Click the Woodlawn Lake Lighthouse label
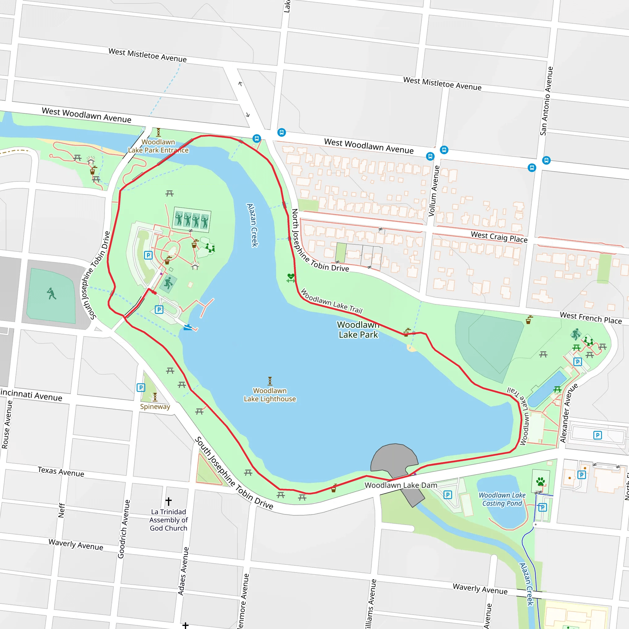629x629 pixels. [x=270, y=395]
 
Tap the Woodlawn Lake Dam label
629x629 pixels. [x=401, y=485]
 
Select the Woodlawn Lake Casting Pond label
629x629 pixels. [x=502, y=499]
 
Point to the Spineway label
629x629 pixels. [x=155, y=406]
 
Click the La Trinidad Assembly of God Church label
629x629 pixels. [x=168, y=520]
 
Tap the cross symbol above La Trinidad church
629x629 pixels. [x=168, y=501]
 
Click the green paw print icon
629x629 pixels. [x=541, y=481]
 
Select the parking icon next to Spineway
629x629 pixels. [x=141, y=387]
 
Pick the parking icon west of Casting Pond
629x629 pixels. [x=448, y=495]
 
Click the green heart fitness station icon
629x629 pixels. [x=291, y=277]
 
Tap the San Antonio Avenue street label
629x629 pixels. [x=546, y=101]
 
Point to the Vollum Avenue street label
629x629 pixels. [x=434, y=191]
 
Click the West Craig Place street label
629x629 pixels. [x=499, y=237]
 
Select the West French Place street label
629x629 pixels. [x=591, y=318]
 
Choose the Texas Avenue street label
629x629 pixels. [x=61, y=471]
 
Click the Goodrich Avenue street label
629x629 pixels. [x=124, y=529]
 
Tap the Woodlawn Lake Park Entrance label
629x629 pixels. [x=158, y=146]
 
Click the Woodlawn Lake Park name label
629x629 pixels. [x=358, y=330]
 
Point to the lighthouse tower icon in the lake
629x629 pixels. [x=270, y=381]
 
